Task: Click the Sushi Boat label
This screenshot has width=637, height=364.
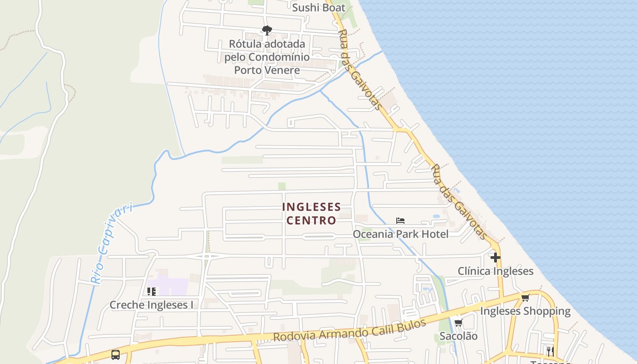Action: pos(318,8)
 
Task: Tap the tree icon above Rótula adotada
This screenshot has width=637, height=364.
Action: pos(267,30)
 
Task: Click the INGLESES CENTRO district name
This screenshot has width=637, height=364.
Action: pos(311,213)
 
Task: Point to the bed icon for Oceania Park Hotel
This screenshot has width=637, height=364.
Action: pos(400,221)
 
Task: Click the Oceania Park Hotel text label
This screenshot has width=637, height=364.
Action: pos(400,234)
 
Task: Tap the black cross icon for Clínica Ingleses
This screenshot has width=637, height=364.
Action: pos(495,258)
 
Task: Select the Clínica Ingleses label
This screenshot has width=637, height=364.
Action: pos(495,271)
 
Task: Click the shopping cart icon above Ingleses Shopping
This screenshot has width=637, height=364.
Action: pos(525,298)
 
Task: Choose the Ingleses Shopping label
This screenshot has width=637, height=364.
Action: pos(525,311)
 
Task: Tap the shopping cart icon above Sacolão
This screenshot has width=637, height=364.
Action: pos(458,323)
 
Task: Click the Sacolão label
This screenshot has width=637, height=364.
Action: pos(458,336)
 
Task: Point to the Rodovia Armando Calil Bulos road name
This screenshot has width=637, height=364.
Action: pos(349,331)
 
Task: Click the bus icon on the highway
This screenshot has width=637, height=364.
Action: pos(116,354)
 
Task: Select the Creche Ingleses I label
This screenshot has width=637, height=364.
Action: pos(152,305)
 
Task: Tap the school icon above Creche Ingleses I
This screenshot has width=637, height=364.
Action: pos(152,291)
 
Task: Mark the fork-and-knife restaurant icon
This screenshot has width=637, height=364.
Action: pos(550,351)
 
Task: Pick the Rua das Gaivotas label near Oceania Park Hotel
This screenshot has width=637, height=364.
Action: pos(459,201)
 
